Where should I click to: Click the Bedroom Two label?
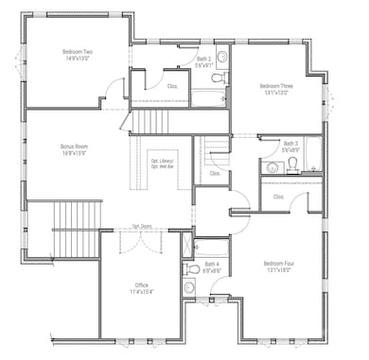(77, 52)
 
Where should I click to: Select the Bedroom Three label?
(276, 86)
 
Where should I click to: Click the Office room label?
(141, 284)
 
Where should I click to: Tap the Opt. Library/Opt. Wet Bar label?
(167, 163)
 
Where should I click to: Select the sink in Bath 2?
(221, 57)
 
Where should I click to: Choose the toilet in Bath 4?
(189, 267)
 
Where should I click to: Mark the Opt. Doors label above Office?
(142, 226)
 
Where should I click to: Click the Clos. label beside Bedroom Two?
(172, 86)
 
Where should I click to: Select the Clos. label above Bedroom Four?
(278, 197)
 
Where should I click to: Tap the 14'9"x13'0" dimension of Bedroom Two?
(77, 59)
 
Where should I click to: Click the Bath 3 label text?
(290, 144)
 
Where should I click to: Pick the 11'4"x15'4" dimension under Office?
(141, 291)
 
